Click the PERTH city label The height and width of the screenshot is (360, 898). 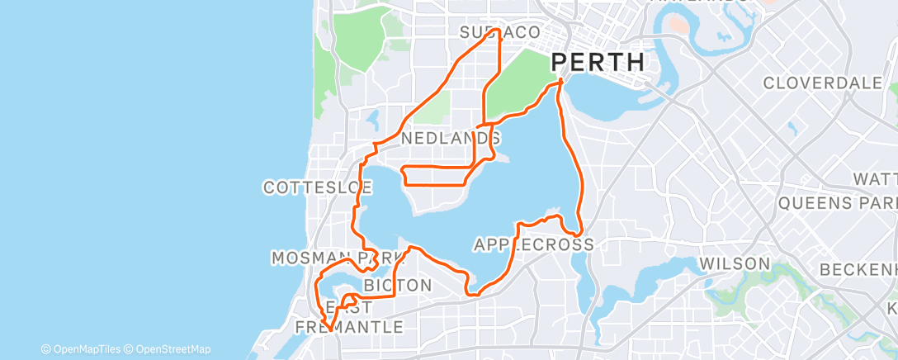[597, 63]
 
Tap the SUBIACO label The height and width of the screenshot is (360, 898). [499, 31]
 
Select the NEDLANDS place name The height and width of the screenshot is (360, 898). [448, 140]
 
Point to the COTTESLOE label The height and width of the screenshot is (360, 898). [318, 187]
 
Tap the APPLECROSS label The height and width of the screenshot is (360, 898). [533, 244]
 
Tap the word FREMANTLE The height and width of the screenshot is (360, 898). [350, 327]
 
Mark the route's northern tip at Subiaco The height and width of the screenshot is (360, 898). [499, 31]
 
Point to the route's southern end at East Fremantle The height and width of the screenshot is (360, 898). [328, 329]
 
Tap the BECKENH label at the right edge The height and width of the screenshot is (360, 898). [858, 270]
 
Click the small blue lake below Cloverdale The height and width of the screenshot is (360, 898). [792, 129]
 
